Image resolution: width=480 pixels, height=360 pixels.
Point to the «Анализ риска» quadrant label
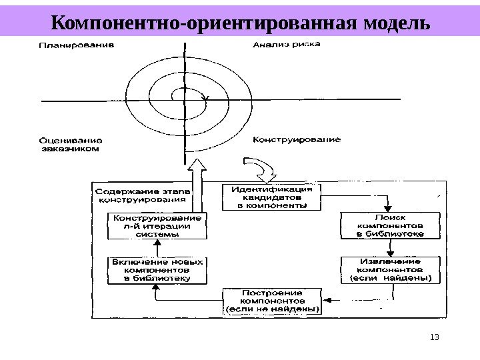click(287, 45)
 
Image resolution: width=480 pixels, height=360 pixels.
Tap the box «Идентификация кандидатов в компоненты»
click(271, 197)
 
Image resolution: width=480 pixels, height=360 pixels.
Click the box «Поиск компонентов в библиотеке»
click(391, 226)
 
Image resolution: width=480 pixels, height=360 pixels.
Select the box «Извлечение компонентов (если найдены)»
click(391, 269)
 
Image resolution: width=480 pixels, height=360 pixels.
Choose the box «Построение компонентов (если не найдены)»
click(272, 301)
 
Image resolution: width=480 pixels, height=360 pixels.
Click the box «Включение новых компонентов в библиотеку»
click(157, 270)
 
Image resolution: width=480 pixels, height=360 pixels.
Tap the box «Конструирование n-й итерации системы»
click(157, 226)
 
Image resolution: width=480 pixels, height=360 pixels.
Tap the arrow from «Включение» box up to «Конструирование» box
click(157, 248)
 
